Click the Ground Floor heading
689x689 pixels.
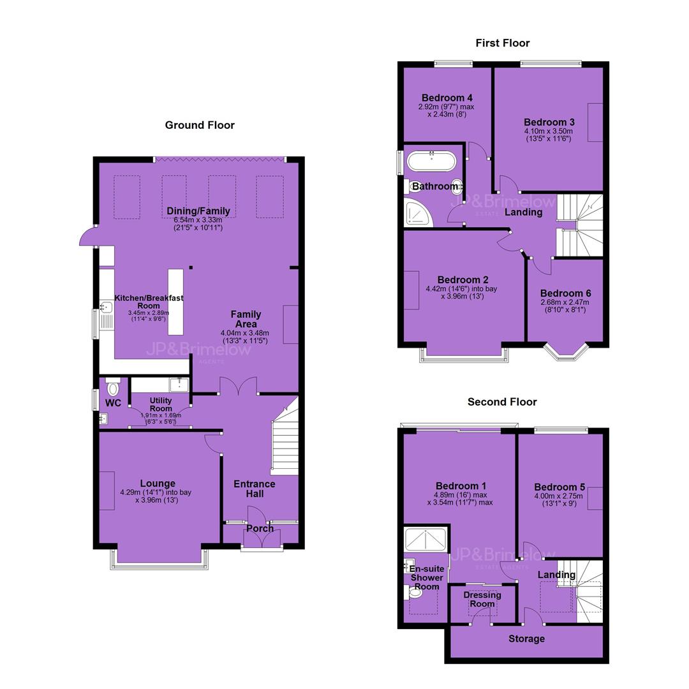(x=200, y=125)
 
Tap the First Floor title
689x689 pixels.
(x=503, y=43)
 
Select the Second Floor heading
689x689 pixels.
(x=502, y=402)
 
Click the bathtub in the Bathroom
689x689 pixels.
(x=431, y=161)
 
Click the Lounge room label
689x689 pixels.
(x=158, y=484)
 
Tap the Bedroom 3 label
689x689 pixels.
(x=549, y=122)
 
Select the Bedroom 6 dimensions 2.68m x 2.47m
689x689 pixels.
(x=565, y=302)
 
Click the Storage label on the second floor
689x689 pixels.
(x=526, y=639)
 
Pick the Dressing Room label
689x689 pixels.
(x=482, y=599)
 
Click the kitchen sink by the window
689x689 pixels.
(x=106, y=307)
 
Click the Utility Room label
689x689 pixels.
(x=161, y=404)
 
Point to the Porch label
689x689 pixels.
(x=260, y=528)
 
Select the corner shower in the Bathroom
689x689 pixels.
(x=419, y=213)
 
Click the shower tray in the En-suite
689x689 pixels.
(x=426, y=540)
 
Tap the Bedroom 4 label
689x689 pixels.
(x=447, y=98)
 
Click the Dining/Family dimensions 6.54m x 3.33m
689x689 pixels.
(x=198, y=219)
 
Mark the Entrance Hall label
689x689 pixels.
(x=255, y=489)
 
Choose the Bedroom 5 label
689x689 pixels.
(x=559, y=487)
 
